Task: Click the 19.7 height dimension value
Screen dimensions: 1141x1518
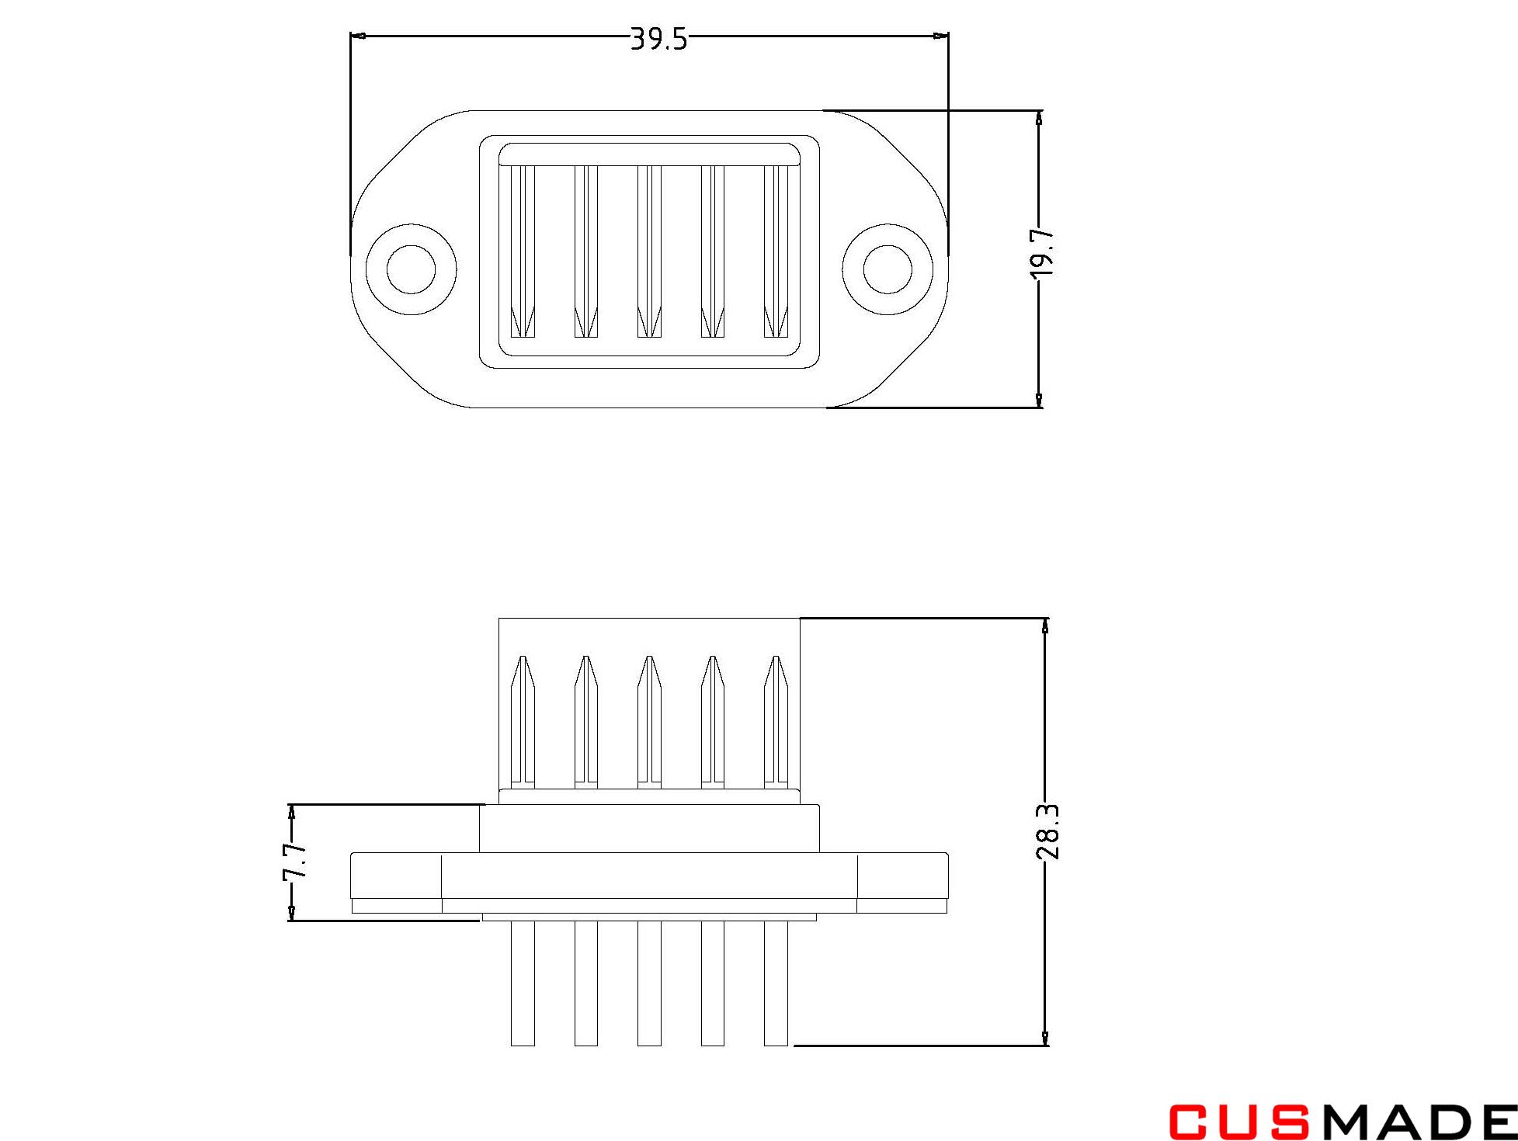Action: (1044, 253)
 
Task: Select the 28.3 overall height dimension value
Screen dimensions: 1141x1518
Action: (1047, 831)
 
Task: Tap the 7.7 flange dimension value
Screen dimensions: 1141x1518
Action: (296, 861)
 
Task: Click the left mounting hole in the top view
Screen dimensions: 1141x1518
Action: (411, 269)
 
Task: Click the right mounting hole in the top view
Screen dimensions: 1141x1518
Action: (888, 269)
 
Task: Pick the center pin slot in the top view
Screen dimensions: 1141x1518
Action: (649, 252)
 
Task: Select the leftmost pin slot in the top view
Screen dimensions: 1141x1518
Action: (523, 252)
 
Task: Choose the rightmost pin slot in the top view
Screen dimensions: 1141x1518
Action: (776, 252)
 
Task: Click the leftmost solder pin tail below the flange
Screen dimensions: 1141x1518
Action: (523, 982)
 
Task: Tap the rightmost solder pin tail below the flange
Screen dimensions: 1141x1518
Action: (776, 982)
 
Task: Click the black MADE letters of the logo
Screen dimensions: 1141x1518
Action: (1418, 1122)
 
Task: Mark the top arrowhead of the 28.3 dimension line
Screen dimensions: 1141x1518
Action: (1045, 626)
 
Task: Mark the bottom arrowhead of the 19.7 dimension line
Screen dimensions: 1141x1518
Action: (1039, 399)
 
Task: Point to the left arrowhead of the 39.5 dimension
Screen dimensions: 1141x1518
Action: (358, 36)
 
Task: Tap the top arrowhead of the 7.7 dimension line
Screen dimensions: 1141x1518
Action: (292, 812)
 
